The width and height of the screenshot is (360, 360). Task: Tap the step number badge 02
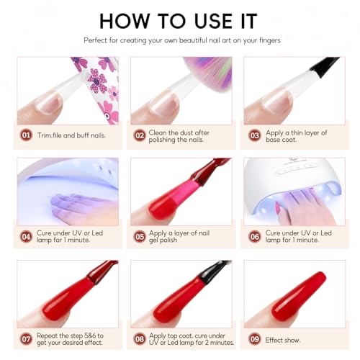click(139, 134)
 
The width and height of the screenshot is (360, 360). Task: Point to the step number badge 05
click(139, 235)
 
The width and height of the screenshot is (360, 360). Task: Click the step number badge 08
click(139, 337)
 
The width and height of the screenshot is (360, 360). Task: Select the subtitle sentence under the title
click(180, 40)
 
